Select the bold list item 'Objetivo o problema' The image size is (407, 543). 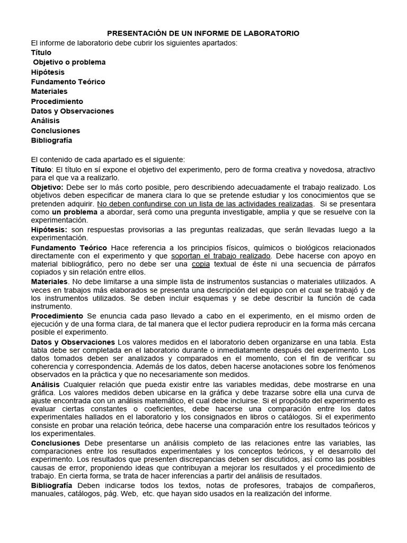69,62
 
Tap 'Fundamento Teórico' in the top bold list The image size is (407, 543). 68,82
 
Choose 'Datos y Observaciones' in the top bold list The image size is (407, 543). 72,111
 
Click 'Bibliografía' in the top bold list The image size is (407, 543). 51,141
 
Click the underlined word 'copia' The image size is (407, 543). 200,264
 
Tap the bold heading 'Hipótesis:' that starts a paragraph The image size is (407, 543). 49,230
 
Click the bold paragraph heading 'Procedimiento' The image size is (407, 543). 57,316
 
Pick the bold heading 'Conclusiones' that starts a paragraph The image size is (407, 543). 56,443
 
